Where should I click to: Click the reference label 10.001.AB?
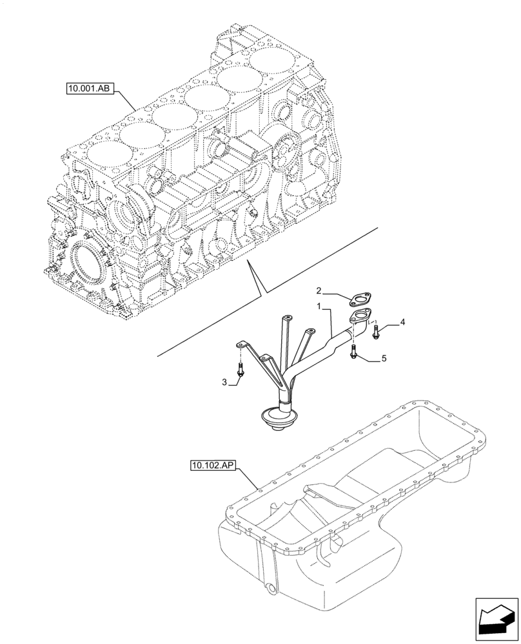point(89,88)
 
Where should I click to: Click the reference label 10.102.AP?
point(213,464)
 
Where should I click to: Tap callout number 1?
point(319,304)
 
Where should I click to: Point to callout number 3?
point(224,383)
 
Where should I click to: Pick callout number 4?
point(402,321)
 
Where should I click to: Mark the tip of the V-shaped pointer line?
point(260,296)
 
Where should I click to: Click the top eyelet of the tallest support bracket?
point(286,317)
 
